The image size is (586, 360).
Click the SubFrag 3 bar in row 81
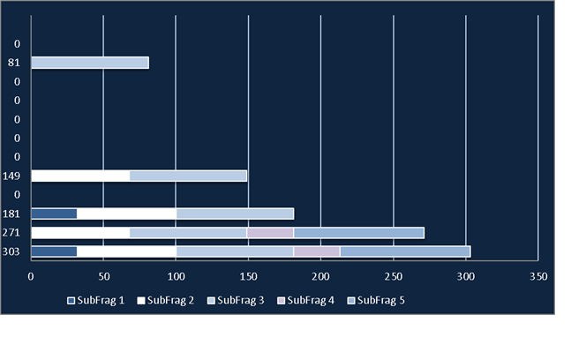[x=90, y=63]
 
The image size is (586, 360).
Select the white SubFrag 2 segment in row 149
[x=80, y=176]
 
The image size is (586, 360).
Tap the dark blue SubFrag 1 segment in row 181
[x=54, y=214]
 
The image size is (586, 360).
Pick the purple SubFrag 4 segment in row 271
[x=270, y=233]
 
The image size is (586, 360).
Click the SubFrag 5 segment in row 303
[x=405, y=251]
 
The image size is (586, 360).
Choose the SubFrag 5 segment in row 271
[x=359, y=233]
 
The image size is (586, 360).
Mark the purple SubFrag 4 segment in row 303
[x=317, y=251]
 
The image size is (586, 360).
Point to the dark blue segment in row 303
[x=54, y=251]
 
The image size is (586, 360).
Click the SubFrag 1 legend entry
[x=95, y=301]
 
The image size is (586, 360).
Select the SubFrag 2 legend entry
[x=166, y=301]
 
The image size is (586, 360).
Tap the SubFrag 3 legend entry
[x=236, y=301]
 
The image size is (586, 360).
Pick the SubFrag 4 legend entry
[x=305, y=301]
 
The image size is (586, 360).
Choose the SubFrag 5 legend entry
[x=376, y=301]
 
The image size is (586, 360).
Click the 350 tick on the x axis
[x=538, y=277]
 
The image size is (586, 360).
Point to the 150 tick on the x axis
[x=249, y=277]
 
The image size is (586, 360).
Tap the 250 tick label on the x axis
[x=394, y=277]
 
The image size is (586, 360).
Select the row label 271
[x=11, y=233]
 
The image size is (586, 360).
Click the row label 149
[x=11, y=176]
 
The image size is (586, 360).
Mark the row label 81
[x=14, y=63]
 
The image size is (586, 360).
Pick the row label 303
[x=11, y=251]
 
